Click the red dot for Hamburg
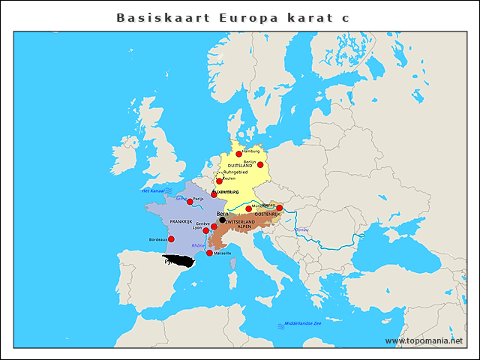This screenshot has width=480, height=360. [239, 154]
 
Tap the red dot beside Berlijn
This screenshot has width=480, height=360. [260, 163]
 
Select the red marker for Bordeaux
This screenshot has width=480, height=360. [171, 239]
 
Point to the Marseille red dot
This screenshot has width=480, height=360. [209, 253]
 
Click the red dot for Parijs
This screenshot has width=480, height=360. [190, 201]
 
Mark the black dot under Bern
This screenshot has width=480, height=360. [222, 220]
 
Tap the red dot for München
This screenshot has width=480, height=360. [249, 208]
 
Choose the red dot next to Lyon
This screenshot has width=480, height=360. [206, 230]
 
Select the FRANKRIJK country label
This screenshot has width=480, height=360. [181, 222]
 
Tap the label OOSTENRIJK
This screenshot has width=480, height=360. [267, 215]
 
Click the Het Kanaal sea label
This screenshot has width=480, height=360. [152, 190]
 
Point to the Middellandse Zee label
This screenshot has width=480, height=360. [302, 323]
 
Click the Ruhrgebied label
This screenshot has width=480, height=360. [235, 172]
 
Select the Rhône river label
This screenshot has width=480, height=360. [198, 245]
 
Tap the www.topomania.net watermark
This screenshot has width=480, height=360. [424, 340]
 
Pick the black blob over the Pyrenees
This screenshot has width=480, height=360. [181, 261]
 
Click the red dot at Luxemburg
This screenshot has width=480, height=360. [214, 194]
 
